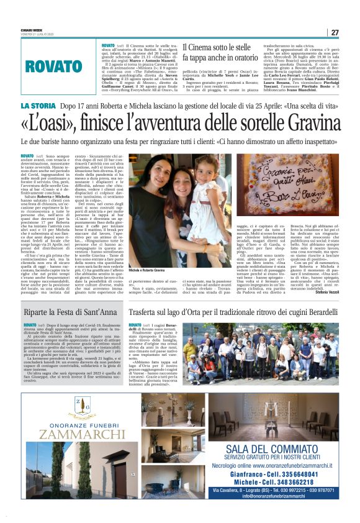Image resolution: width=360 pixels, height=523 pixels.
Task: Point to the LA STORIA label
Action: [x=57, y=106]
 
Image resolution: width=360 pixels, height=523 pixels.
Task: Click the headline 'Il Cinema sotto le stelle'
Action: [x=217, y=47]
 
